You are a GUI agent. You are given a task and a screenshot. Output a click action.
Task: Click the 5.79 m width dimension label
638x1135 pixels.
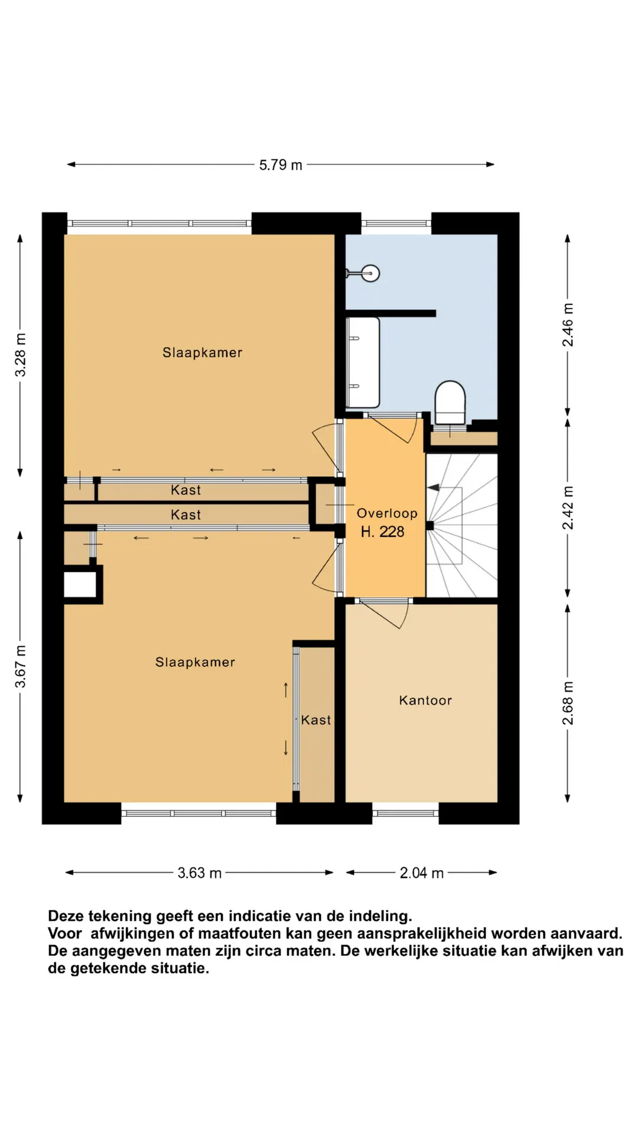pos(281,165)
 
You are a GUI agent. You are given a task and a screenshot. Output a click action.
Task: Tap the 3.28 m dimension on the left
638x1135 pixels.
pos(21,355)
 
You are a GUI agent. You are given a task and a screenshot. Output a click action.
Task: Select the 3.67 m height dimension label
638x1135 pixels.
pos(21,666)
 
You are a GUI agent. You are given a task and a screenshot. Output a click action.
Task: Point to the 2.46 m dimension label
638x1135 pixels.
pos(568,325)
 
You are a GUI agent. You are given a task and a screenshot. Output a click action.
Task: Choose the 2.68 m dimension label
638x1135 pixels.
pos(568,703)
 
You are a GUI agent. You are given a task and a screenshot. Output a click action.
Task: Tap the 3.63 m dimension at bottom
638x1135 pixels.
pos(200,873)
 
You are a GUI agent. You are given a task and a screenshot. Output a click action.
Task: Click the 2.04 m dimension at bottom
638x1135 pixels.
pos(421,873)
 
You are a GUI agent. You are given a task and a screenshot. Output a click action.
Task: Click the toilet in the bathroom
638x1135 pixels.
pos(450,402)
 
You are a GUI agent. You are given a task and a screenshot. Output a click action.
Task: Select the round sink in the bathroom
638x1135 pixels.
pos(370,273)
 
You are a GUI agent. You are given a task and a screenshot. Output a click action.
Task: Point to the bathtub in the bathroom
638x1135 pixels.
pos(362,362)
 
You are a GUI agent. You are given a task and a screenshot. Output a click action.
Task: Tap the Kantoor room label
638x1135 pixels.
pos(425,701)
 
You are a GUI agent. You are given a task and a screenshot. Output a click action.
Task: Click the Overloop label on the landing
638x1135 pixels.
pos(387,514)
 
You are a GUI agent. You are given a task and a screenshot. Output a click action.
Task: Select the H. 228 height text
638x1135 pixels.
pos(383,532)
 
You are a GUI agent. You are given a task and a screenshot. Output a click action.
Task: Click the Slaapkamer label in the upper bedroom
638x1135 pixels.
pos(203,353)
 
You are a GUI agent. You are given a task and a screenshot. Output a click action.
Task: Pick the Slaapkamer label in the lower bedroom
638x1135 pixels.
pos(195,663)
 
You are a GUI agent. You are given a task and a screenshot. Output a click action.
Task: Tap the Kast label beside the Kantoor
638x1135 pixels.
pos(316,720)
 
